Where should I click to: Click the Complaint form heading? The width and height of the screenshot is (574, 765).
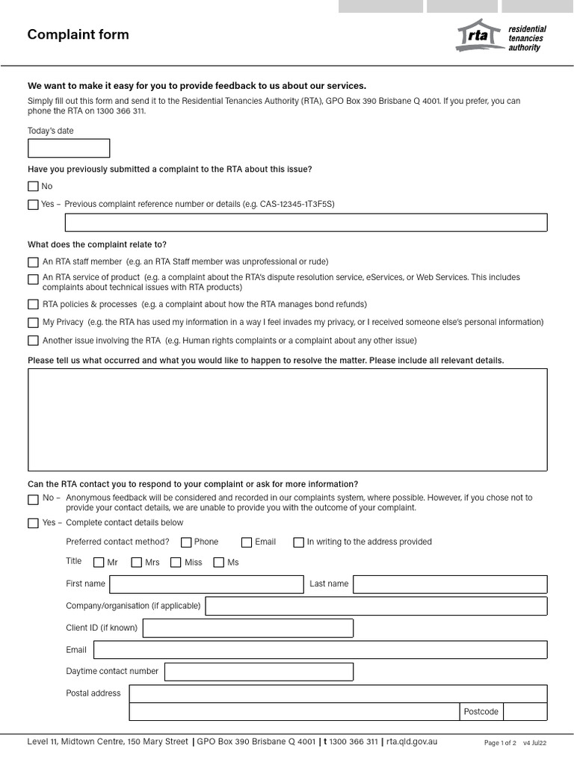click(78, 34)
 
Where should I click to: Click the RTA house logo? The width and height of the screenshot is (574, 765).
click(478, 36)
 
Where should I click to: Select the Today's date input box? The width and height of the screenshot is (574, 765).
click(68, 148)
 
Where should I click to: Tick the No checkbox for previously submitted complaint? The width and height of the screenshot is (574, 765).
click(33, 187)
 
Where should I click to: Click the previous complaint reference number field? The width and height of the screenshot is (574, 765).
click(306, 223)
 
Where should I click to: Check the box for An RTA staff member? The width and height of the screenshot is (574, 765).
click(33, 262)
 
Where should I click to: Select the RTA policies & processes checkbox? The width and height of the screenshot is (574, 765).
click(33, 305)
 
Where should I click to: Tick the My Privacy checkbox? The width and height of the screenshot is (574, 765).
click(33, 323)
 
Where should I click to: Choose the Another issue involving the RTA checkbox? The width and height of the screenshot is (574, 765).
click(33, 341)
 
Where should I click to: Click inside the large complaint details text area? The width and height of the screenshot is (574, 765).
click(287, 419)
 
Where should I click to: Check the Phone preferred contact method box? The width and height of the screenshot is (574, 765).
click(186, 542)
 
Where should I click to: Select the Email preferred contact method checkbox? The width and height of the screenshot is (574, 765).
click(247, 542)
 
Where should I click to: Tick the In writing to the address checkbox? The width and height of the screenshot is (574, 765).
click(299, 542)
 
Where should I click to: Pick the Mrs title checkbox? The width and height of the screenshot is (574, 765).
click(137, 563)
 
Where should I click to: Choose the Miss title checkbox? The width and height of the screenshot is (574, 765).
click(176, 563)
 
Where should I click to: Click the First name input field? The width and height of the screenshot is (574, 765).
click(206, 584)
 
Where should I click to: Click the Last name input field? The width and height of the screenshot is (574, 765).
click(450, 584)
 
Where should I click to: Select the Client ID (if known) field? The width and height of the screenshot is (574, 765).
click(247, 628)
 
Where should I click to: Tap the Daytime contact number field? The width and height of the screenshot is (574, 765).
click(259, 672)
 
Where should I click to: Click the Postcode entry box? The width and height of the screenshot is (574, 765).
click(525, 712)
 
